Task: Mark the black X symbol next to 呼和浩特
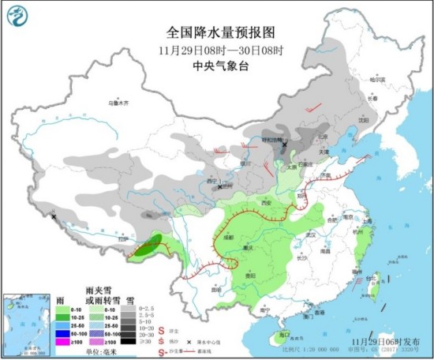pos(284,144)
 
